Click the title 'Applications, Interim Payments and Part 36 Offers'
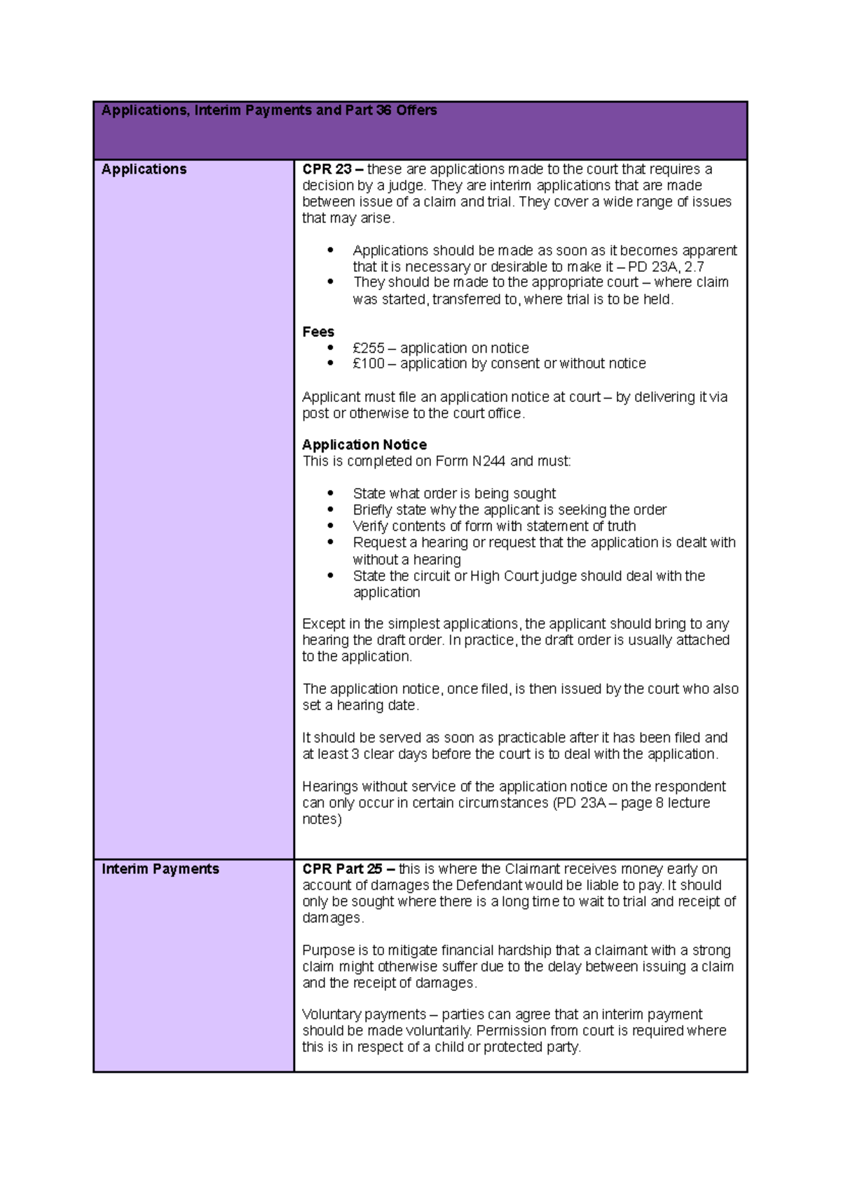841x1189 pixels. [269, 111]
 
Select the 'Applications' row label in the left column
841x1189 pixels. [144, 169]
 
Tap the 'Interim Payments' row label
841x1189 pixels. [160, 869]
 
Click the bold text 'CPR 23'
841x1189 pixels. [327, 169]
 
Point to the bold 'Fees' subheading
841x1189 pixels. [318, 332]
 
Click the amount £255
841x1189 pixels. [369, 348]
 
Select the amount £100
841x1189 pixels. [369, 364]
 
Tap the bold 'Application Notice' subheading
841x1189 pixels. [364, 445]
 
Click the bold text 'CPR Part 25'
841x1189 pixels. [342, 869]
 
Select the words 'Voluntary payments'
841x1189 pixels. [364, 1015]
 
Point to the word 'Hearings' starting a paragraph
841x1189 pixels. [330, 786]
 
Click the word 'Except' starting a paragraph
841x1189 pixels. [322, 624]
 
